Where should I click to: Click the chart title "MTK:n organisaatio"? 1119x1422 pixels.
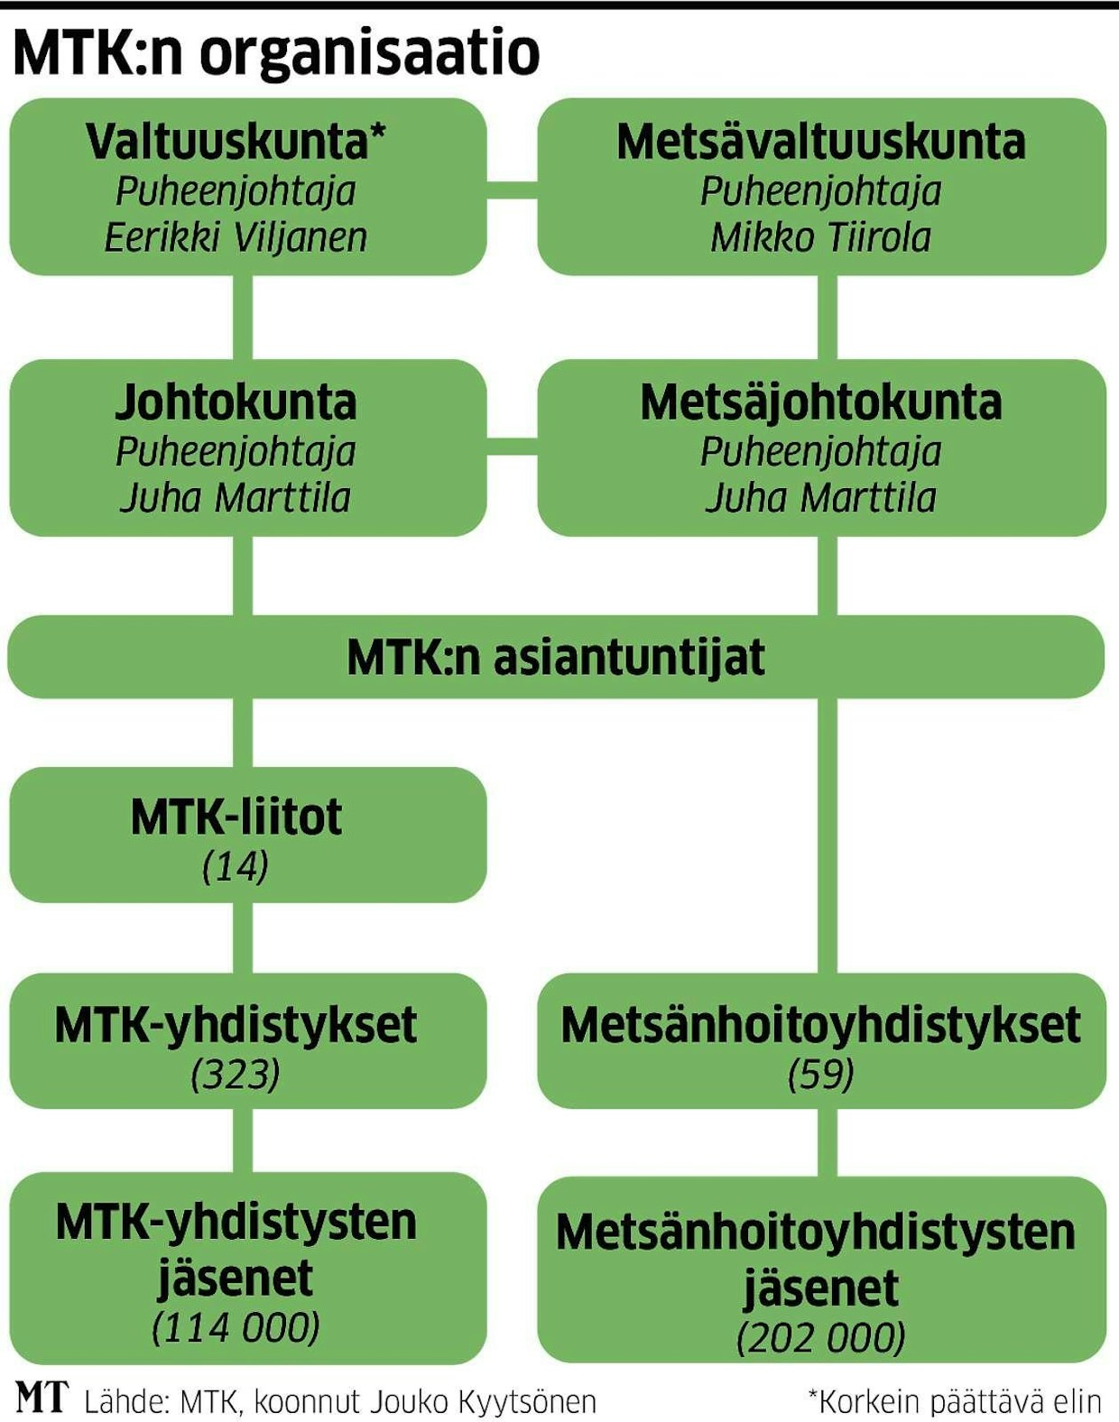tap(276, 54)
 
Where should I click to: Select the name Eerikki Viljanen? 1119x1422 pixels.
tap(236, 238)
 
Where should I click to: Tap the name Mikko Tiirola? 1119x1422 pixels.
tap(820, 238)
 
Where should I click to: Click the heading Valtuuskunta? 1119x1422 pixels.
tap(236, 142)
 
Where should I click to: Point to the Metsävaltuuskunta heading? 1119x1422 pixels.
tap(820, 142)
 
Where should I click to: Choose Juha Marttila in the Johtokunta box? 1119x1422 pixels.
tap(236, 498)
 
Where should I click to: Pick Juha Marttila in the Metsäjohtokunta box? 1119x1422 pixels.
tap(820, 498)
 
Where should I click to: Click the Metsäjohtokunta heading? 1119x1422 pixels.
tap(820, 402)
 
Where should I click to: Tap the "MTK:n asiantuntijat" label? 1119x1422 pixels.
tap(556, 658)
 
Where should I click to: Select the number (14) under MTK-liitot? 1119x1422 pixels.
tap(236, 867)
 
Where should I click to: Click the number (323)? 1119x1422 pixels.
tap(236, 1075)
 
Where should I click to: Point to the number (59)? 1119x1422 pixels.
tap(820, 1074)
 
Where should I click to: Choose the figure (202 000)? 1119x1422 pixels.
tap(820, 1338)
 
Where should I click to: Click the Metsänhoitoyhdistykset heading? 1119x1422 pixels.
tap(820, 1025)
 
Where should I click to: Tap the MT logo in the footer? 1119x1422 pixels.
tap(42, 1398)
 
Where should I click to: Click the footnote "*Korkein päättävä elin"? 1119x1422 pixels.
tap(954, 1402)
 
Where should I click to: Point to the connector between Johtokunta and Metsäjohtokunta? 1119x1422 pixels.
tap(512, 445)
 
